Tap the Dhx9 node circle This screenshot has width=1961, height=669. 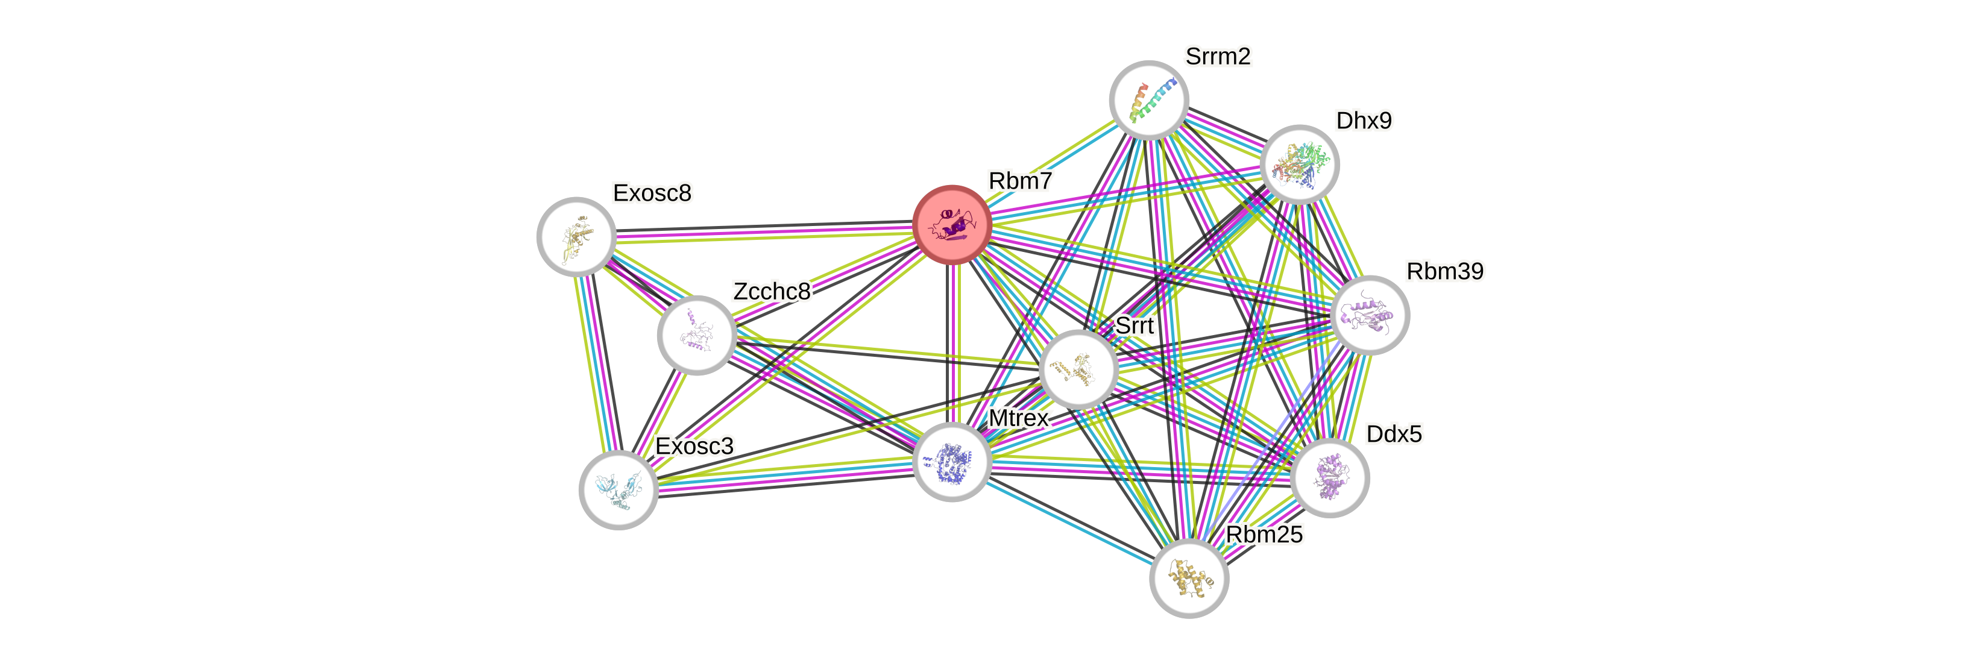[x=1300, y=165]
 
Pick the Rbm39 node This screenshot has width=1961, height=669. [x=1370, y=315]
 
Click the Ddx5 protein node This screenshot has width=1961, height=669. [x=1330, y=477]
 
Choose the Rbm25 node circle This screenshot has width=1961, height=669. [x=1188, y=579]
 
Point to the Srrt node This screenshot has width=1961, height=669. [x=1078, y=369]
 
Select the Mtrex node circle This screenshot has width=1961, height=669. [x=952, y=462]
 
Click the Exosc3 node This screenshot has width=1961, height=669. [x=618, y=489]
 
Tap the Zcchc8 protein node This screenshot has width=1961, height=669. [x=696, y=335]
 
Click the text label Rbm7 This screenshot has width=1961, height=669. [x=1020, y=181]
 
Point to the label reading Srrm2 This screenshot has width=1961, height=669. [x=1218, y=56]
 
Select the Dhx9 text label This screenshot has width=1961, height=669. [x=1364, y=121]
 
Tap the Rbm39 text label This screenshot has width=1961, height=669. [x=1444, y=271]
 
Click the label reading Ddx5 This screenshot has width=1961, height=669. [x=1393, y=434]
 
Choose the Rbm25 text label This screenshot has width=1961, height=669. [x=1264, y=534]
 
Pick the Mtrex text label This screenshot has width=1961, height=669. [x=1019, y=418]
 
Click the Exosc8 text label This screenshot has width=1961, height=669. [x=652, y=193]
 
